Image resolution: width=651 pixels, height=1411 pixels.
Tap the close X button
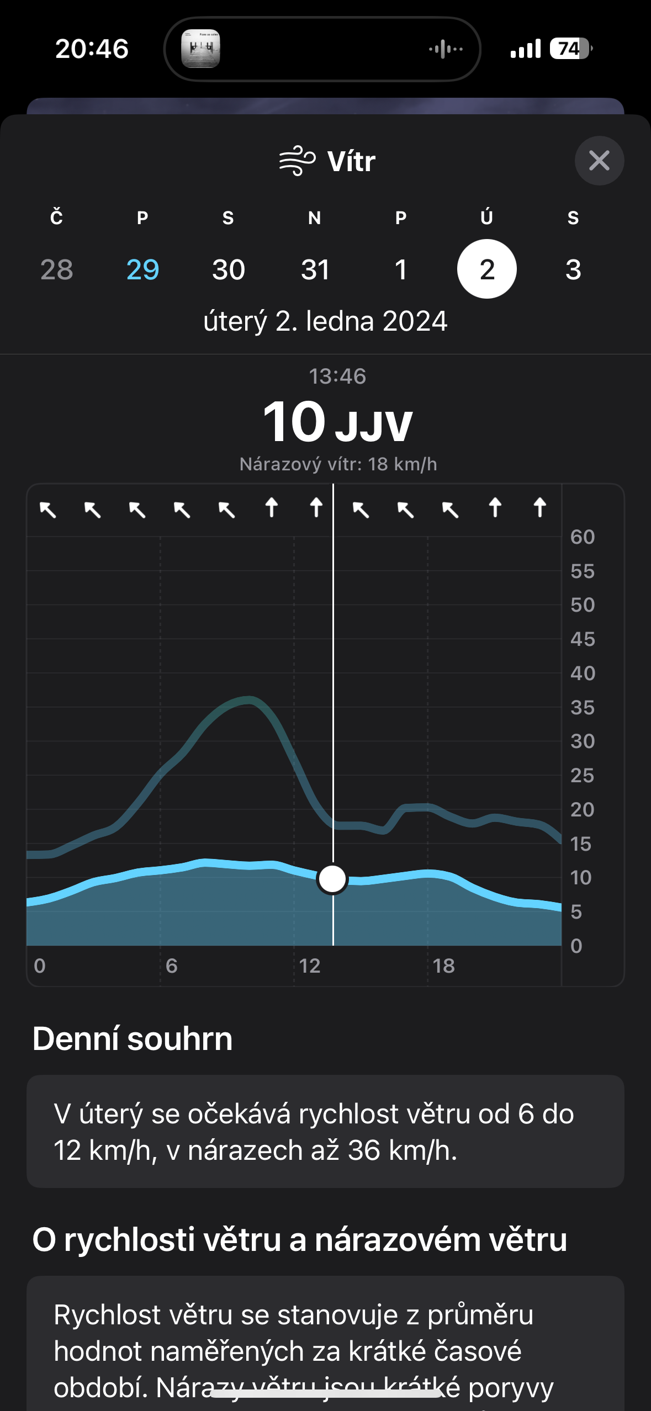pos(599,161)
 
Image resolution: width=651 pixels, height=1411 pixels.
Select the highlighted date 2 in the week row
pos(486,269)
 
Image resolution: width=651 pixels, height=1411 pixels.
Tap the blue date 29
pos(142,269)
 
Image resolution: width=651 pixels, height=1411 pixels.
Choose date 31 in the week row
pos(315,269)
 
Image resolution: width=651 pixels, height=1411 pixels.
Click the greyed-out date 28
pos(56,269)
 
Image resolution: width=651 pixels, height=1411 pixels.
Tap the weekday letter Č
pos(56,218)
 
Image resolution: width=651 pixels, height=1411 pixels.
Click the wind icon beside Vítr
pos(297,161)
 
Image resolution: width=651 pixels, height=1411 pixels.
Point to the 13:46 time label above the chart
pos(337,376)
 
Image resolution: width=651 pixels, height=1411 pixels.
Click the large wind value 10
pos(294,422)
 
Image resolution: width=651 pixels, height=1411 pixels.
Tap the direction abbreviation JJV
pos(374,426)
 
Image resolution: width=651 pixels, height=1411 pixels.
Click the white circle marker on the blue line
pos(332,878)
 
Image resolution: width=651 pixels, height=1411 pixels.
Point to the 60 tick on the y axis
pos(582,537)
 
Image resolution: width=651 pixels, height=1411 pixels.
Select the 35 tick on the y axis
pos(582,707)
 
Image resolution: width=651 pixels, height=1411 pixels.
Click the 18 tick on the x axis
pos(443,966)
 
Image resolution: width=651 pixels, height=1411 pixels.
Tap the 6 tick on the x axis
pos(171,966)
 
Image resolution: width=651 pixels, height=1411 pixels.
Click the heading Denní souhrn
pos(133,1038)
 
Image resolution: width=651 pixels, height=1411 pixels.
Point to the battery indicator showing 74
pos(570,49)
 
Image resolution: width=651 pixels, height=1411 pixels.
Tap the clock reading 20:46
pos(92,49)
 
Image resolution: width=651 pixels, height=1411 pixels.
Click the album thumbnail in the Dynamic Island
pos(201,49)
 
